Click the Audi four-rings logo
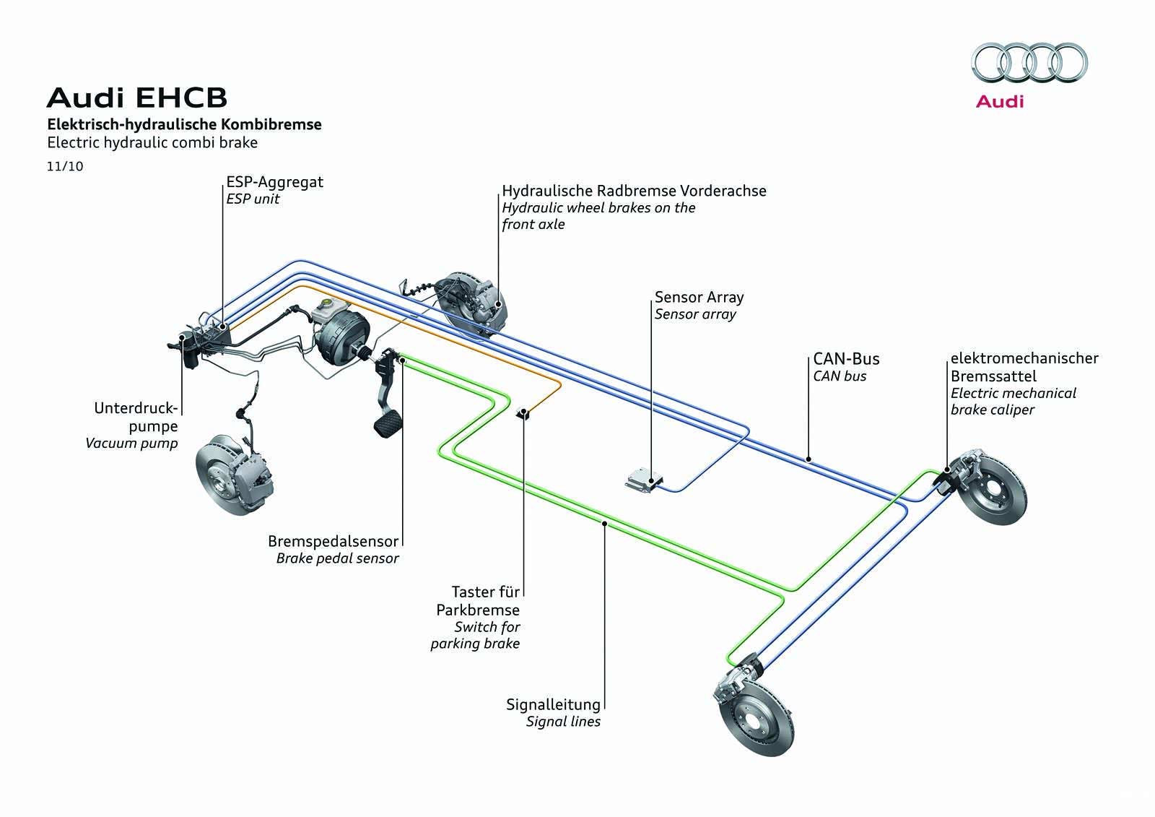coord(1029,62)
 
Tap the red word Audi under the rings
coord(1000,101)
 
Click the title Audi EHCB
coord(136,98)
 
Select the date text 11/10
coord(65,166)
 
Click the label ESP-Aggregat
coord(274,181)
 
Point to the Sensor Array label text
coord(699,297)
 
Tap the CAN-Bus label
coord(846,359)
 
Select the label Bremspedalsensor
coord(333,541)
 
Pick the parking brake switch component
coord(523,414)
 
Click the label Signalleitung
coord(553,704)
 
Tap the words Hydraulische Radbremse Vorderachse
coord(634,191)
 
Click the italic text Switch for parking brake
coord(476,635)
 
